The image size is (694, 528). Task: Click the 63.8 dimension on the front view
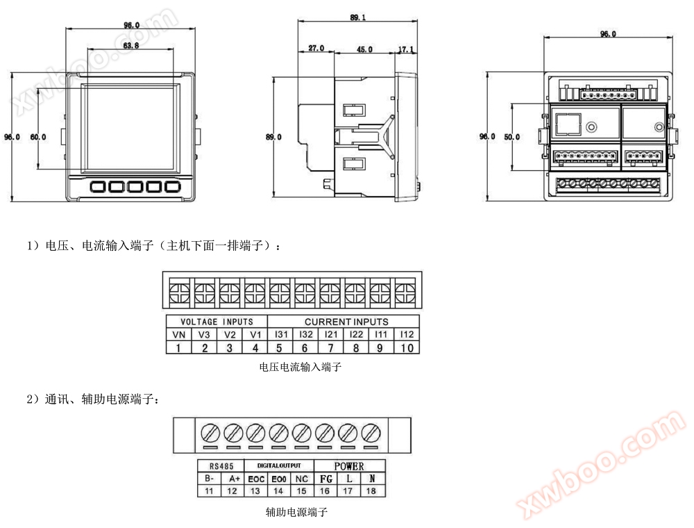tap(130, 45)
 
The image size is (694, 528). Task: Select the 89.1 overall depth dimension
tap(358, 17)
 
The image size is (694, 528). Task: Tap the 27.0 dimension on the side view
tap(316, 49)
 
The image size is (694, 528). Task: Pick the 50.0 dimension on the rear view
tap(511, 137)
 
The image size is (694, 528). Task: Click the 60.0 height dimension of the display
tap(37, 137)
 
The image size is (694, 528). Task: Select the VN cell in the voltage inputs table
tap(178, 334)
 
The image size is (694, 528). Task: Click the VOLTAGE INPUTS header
tap(217, 322)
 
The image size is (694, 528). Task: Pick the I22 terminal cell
tap(356, 334)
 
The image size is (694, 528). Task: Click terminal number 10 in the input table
tap(407, 347)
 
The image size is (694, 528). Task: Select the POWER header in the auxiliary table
tap(349, 465)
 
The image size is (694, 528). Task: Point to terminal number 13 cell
tap(255, 491)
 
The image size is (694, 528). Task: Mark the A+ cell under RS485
tap(232, 479)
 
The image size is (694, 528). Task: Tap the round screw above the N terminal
tap(371, 433)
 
